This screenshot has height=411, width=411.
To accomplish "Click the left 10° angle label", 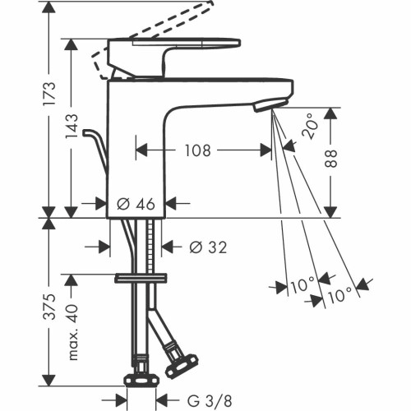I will (x=301, y=286).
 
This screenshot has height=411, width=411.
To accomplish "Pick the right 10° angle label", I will (x=340, y=293).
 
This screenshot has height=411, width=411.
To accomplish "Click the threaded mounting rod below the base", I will (x=150, y=247).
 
